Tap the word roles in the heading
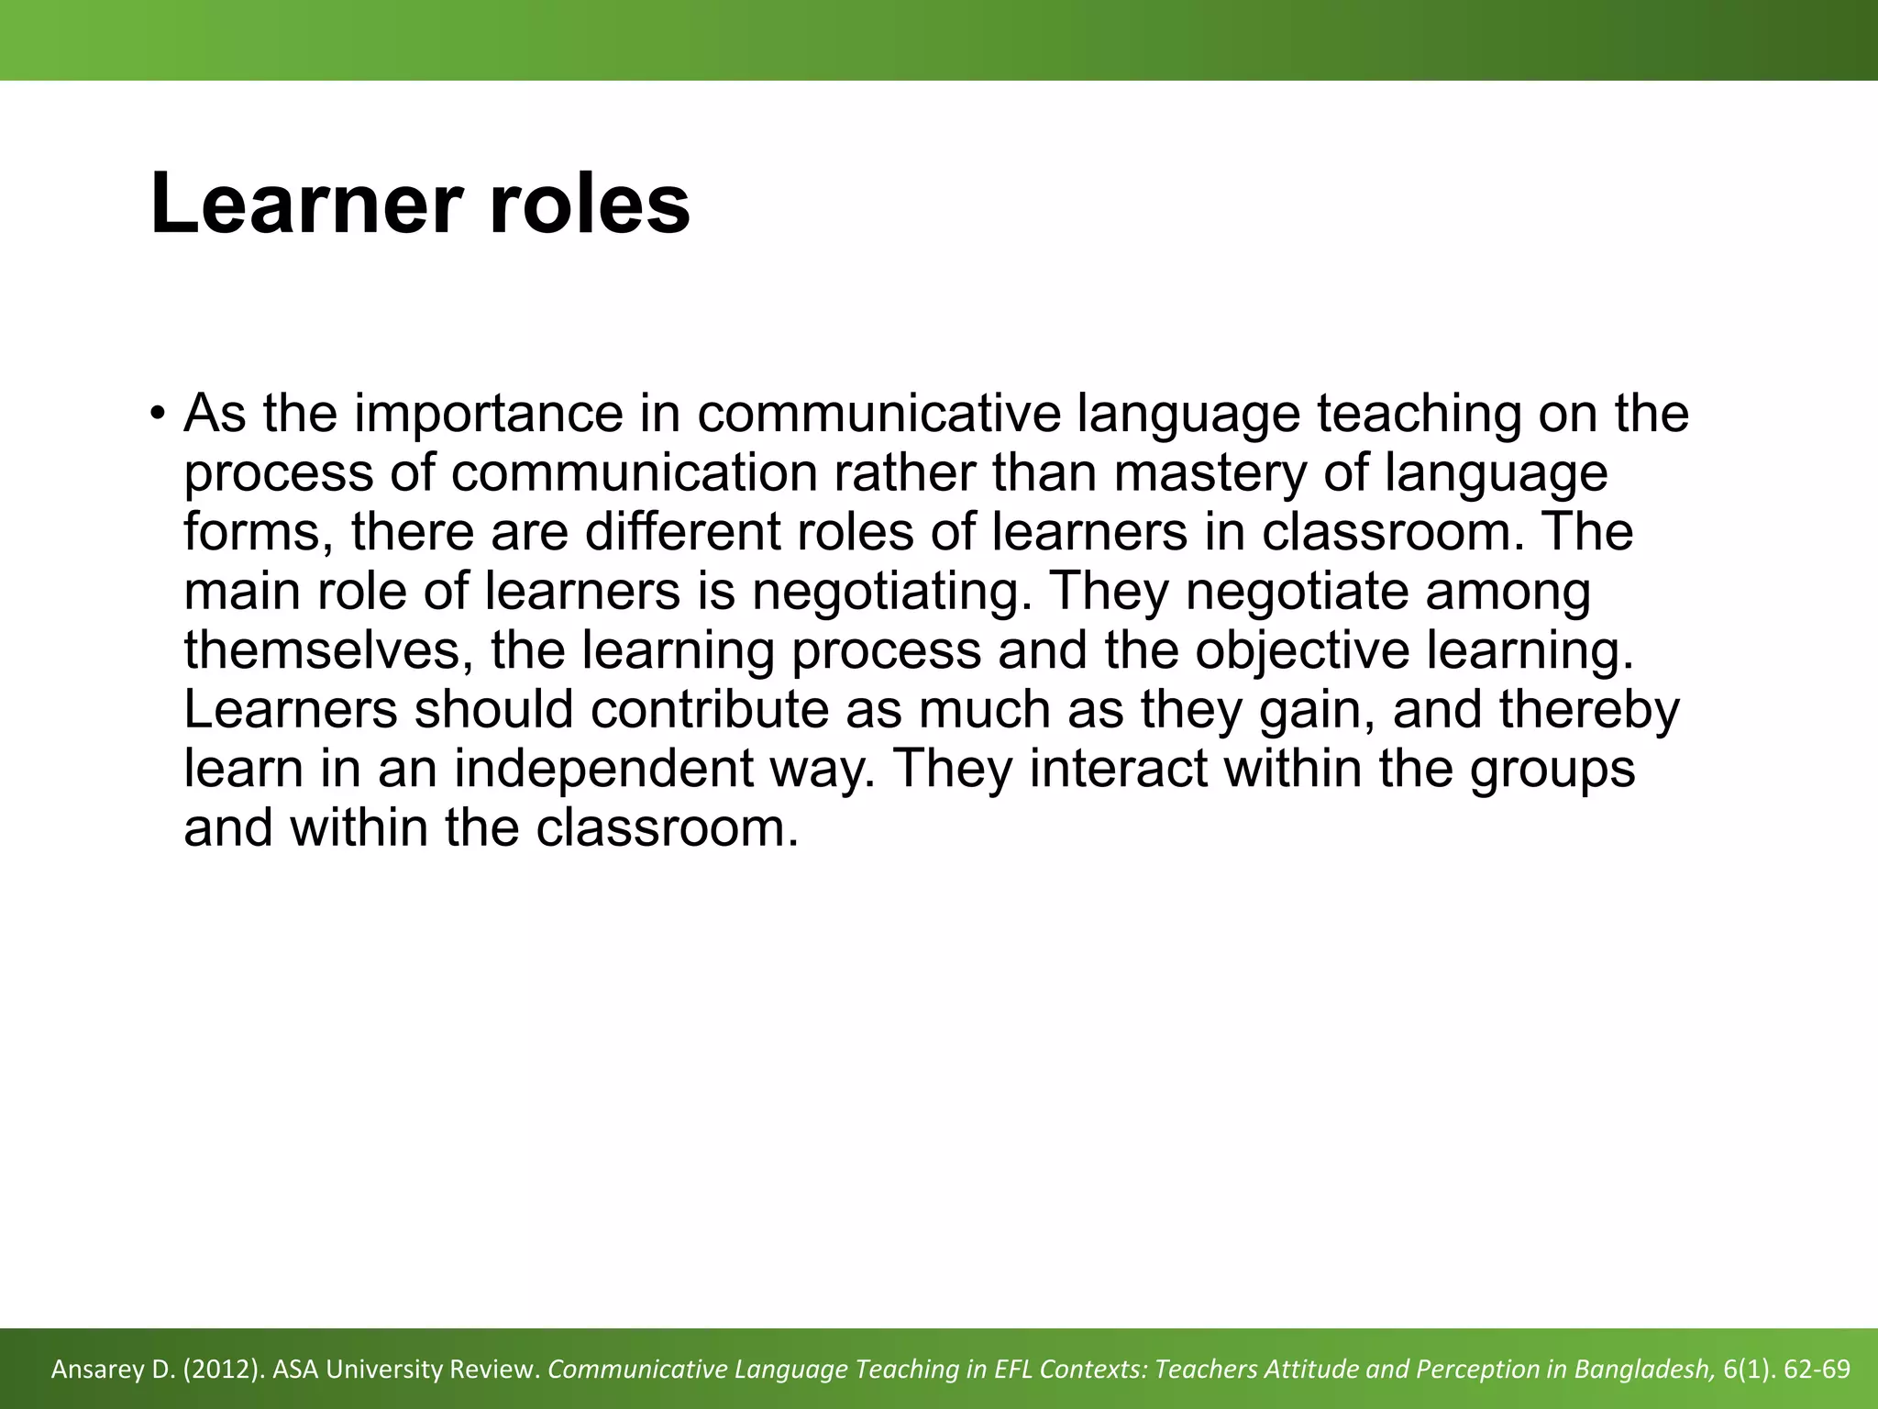pos(590,204)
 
